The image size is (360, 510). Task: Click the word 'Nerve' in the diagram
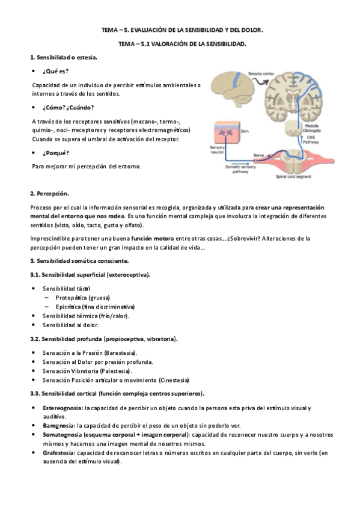point(259,155)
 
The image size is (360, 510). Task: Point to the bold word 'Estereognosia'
point(63,408)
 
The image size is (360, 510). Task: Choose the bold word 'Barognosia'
point(59,425)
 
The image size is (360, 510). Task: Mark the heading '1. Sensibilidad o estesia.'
point(64,57)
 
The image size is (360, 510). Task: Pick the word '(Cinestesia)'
point(174,380)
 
